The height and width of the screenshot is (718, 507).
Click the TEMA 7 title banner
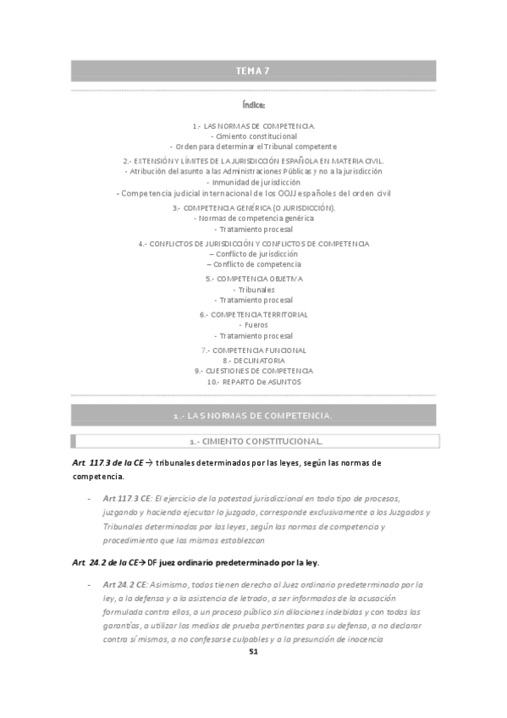click(253, 71)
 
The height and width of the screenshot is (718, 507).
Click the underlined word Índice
click(253, 106)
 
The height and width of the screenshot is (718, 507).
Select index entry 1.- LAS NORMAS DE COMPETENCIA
click(253, 125)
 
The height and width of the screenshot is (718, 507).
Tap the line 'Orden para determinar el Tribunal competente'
click(253, 146)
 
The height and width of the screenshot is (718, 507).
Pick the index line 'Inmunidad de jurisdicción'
click(253, 182)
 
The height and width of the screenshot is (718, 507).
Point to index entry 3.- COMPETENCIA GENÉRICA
click(253, 207)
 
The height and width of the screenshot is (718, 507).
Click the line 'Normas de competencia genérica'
click(253, 218)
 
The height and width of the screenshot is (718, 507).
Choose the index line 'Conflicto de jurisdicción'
click(253, 254)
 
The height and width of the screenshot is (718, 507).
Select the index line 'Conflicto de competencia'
click(253, 264)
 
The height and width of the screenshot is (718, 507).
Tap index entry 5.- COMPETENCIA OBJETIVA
click(253, 279)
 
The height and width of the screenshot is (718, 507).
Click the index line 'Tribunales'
click(253, 290)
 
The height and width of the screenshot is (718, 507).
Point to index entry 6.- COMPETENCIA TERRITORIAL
click(253, 314)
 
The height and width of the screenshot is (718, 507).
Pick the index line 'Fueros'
click(253, 325)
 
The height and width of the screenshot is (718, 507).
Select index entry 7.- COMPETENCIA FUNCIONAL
click(253, 350)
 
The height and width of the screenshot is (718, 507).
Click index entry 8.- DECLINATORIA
click(253, 360)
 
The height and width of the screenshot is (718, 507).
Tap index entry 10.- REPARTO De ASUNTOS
click(253, 382)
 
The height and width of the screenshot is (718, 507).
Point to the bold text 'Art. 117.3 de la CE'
click(109, 463)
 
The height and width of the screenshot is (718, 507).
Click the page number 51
click(253, 651)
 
